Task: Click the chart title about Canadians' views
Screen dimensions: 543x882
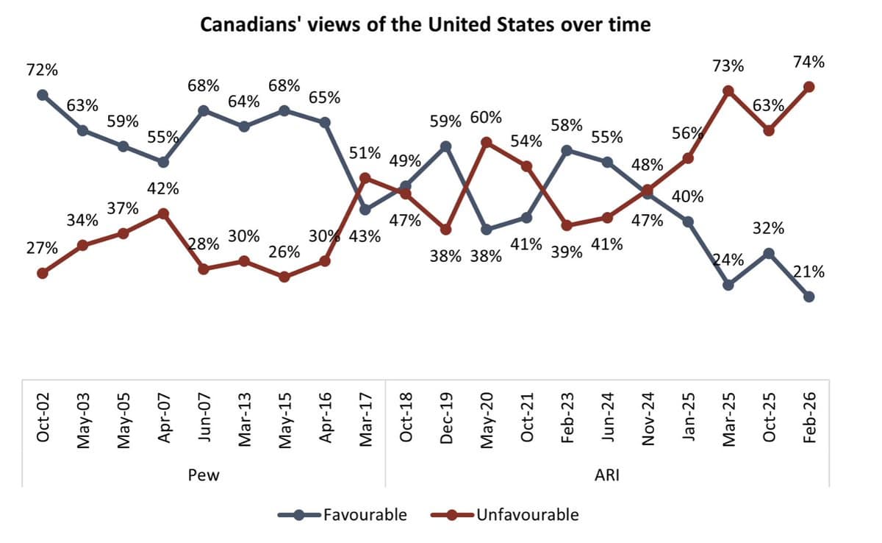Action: (426, 24)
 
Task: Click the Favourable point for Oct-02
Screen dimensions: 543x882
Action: (42, 95)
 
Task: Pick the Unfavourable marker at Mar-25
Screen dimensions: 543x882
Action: (728, 91)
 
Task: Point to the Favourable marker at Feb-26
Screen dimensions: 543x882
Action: (809, 297)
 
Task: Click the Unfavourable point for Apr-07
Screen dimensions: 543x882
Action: (163, 213)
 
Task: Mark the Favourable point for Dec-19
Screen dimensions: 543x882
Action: (445, 146)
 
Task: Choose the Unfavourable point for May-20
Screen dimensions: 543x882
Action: (486, 142)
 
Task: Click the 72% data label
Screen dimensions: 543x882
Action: (42, 71)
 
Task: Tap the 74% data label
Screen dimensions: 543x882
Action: (809, 63)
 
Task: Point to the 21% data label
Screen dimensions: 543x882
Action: (809, 271)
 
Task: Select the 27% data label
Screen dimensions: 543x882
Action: (42, 248)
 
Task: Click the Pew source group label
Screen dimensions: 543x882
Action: (204, 475)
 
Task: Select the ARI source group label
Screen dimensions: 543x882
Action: (607, 475)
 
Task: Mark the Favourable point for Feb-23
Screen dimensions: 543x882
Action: (567, 150)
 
